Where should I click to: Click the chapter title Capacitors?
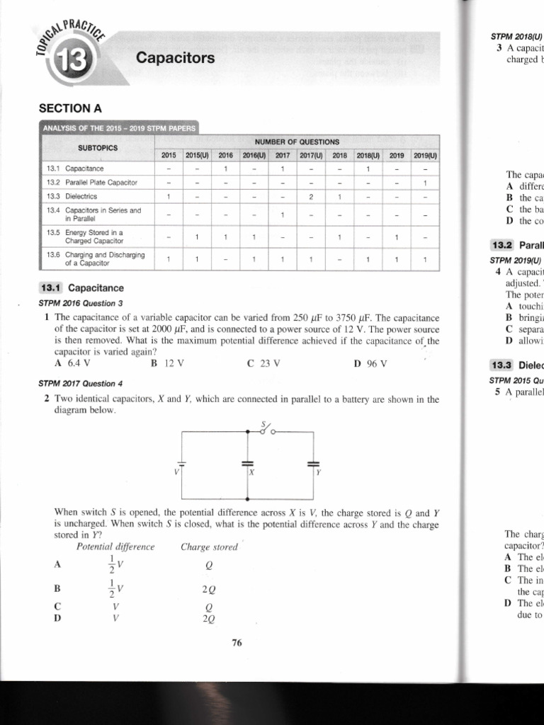pos(176,58)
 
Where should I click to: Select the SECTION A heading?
pos(70,108)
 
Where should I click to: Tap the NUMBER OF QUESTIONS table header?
pos(297,142)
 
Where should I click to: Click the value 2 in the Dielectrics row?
pos(310,197)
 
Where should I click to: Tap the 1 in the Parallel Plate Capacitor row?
pos(425,183)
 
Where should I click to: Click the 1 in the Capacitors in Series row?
pos(282,215)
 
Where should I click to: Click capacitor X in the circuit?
pos(247,464)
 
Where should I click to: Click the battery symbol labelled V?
pos(182,465)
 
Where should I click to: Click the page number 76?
pos(237,643)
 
